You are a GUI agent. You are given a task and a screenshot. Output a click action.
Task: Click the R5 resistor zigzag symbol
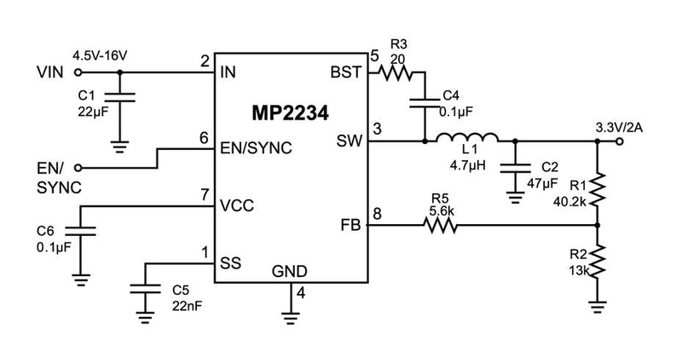click(x=441, y=226)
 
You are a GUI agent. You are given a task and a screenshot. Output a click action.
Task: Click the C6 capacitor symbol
click(x=81, y=231)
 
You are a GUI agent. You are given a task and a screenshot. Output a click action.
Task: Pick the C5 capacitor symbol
click(x=146, y=289)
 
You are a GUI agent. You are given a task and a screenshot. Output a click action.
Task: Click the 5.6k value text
click(x=440, y=209)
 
